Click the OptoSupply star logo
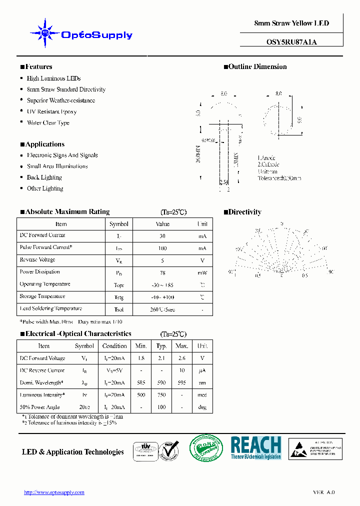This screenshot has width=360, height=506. tap(45, 33)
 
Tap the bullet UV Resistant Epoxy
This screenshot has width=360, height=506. tap(51, 111)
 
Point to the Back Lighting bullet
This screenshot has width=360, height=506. tap(44, 177)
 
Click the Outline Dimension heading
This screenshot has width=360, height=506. tap(257, 66)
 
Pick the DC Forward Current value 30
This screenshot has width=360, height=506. tap(162, 236)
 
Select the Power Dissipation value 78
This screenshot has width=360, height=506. tap(162, 272)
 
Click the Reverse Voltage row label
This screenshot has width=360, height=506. tap(37, 260)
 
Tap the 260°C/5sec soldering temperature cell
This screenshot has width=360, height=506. tap(162, 309)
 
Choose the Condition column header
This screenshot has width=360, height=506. tap(114, 346)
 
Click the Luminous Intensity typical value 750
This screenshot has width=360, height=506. tap(161, 395)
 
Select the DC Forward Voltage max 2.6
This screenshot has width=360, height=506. tap(182, 358)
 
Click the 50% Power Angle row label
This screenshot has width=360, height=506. tap(40, 407)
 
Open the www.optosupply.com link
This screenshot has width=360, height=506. tap(54, 492)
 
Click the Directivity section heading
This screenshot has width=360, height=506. tap(244, 212)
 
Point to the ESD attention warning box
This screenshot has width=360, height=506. tap(315, 448)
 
